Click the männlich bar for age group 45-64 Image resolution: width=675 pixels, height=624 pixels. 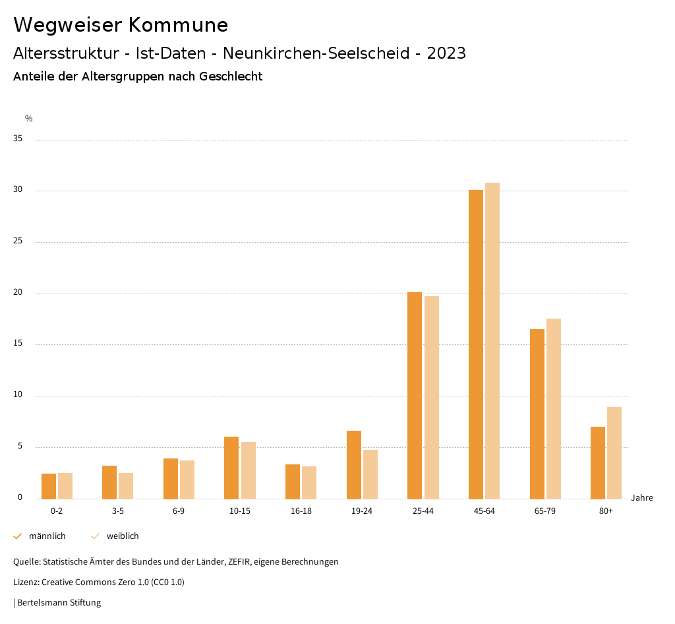tap(476, 344)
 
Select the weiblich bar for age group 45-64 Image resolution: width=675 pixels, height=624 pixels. tap(492, 340)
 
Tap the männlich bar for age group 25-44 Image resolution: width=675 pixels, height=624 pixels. tap(415, 395)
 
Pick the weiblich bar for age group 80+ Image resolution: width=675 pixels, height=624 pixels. tap(614, 452)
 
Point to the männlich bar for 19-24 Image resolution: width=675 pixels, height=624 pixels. tap(354, 464)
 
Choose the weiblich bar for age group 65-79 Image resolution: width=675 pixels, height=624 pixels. tap(554, 408)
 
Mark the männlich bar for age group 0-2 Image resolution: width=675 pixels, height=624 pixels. tap(49, 486)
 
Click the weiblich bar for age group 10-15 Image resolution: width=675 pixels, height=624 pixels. tap(249, 470)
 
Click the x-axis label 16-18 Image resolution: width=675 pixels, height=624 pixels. tap(301, 511)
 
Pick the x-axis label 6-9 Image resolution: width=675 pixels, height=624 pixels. tap(179, 511)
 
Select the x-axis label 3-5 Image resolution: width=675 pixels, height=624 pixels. tap(118, 511)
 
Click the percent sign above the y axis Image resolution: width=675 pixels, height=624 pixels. tap(29, 119)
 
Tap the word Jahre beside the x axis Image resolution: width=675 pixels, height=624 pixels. tap(642, 498)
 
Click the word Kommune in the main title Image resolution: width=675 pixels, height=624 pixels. tap(178, 25)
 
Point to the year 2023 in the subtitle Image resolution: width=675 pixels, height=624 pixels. tap(446, 53)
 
